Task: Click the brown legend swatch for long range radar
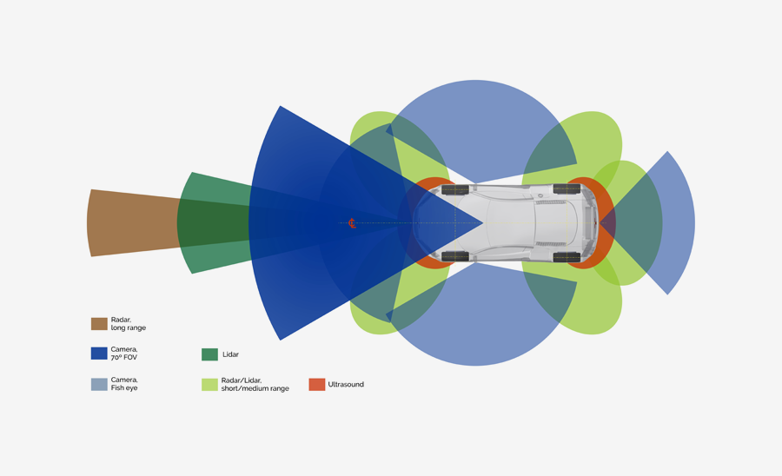point(99,324)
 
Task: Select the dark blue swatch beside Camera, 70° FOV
point(99,354)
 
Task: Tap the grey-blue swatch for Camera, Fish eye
point(99,384)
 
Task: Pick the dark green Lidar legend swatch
point(209,354)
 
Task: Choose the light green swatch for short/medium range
point(209,384)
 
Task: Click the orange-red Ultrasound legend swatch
point(316,384)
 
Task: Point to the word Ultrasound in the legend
point(346,384)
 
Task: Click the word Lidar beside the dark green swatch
point(230,354)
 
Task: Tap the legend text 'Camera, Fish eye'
point(124,384)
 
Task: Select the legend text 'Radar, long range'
point(128,324)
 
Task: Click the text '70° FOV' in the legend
point(124,358)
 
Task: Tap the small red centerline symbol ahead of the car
point(352,223)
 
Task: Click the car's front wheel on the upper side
point(454,189)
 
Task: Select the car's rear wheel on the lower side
point(567,257)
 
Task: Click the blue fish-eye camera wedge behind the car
point(673,223)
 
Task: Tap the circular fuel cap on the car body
point(540,196)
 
